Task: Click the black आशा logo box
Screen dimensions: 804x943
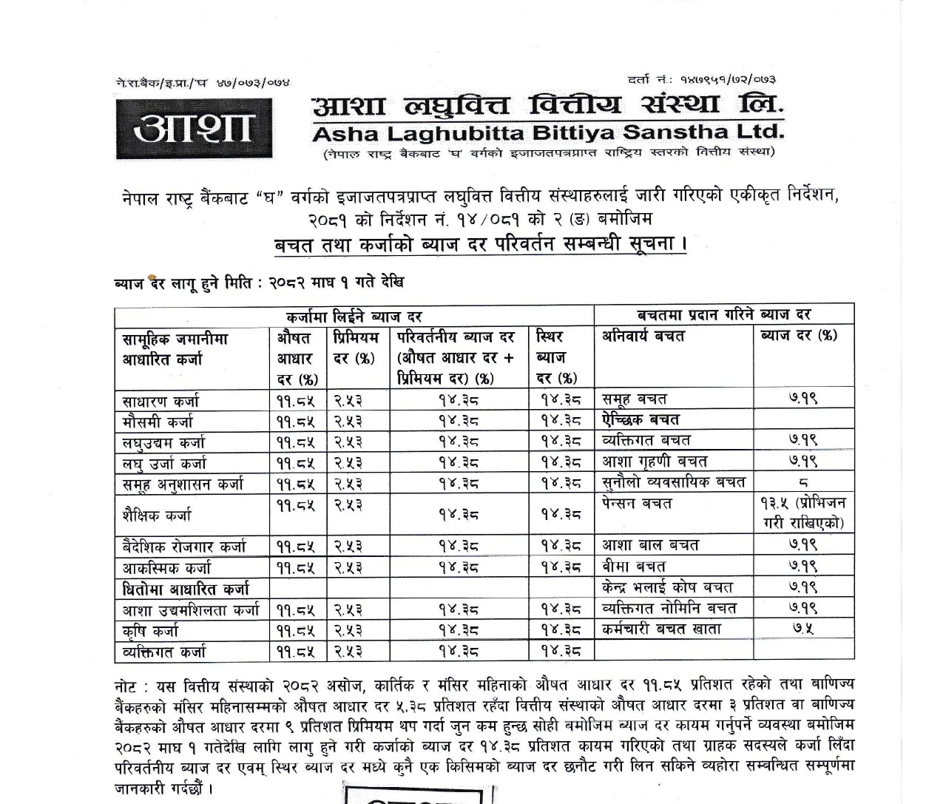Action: (x=194, y=126)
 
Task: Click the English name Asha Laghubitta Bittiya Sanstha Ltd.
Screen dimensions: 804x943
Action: (x=547, y=133)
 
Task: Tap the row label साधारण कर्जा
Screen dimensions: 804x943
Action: (x=160, y=402)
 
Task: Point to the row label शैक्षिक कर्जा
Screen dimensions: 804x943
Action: (x=157, y=514)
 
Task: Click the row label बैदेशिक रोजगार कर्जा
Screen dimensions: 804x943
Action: (x=184, y=547)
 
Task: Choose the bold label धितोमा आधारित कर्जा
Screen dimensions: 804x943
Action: (x=186, y=589)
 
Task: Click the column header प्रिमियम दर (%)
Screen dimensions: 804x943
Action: (x=356, y=348)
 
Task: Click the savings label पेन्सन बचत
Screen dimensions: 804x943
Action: (x=637, y=504)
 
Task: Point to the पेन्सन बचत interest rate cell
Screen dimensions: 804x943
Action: (x=802, y=513)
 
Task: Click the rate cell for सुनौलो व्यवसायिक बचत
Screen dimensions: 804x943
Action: (x=803, y=483)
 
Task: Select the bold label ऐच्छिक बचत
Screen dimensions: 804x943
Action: (x=641, y=420)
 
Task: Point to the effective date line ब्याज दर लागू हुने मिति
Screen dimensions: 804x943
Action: (x=259, y=283)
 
